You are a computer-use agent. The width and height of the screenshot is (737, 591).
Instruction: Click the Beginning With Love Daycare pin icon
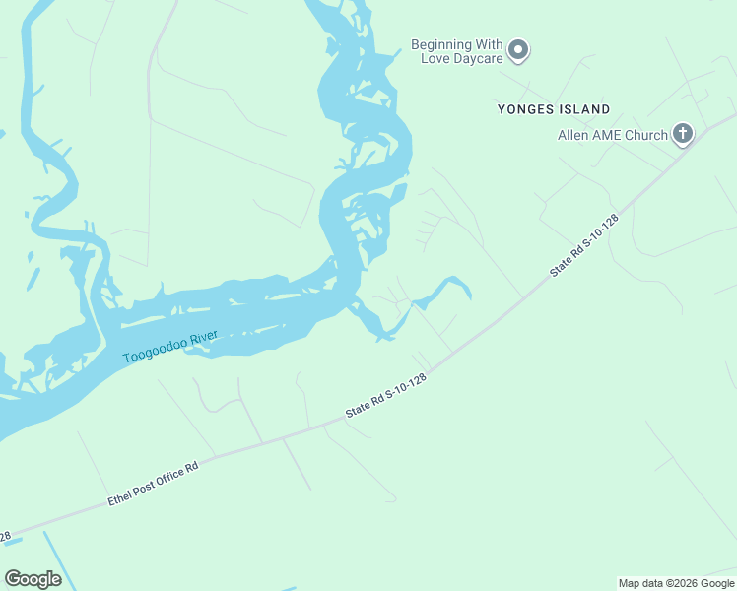pos(519,49)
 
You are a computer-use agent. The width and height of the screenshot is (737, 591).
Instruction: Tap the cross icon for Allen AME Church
pos(682,134)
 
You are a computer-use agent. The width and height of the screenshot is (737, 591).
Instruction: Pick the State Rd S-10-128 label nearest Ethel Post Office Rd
pos(386,397)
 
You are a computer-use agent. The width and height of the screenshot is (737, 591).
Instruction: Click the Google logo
pos(33,579)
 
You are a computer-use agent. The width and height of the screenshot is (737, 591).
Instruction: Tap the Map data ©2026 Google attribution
pos(676,583)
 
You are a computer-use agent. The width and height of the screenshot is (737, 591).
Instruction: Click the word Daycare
pos(477,59)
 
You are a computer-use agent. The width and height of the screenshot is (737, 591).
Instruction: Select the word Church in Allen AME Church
pos(645,135)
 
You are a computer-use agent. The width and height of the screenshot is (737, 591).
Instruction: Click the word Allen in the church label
pos(574,135)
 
